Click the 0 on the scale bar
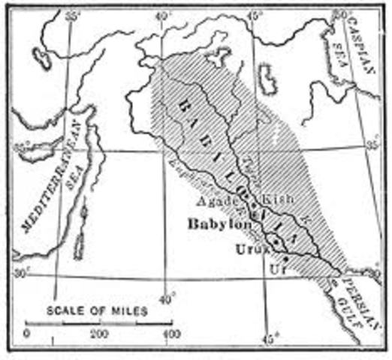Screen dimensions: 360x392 (27, 333)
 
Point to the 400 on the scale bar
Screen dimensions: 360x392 (172, 333)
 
